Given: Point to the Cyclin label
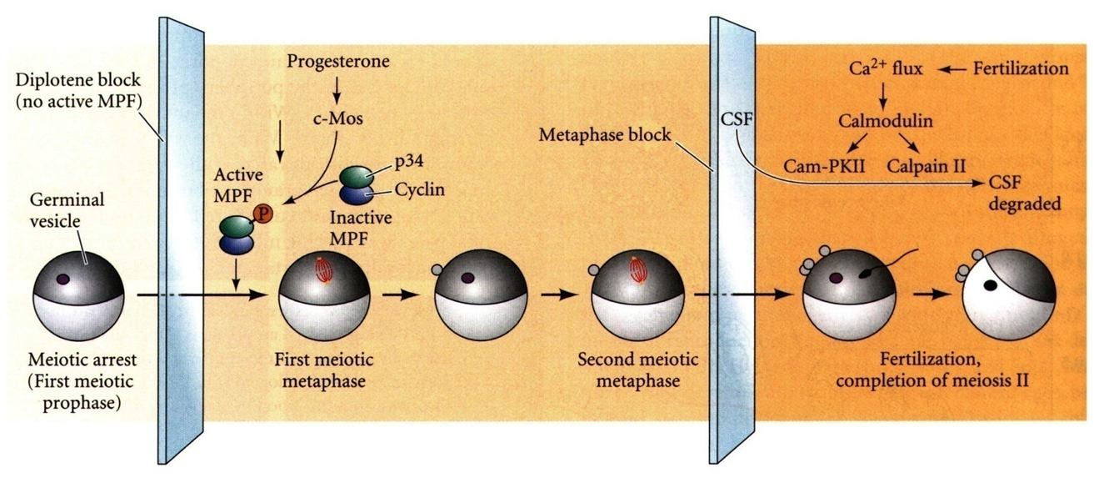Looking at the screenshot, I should [420, 189].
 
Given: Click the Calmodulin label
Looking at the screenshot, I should [885, 122].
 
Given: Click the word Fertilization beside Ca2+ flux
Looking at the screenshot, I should [1021, 68].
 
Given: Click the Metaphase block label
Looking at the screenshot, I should [603, 133].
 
